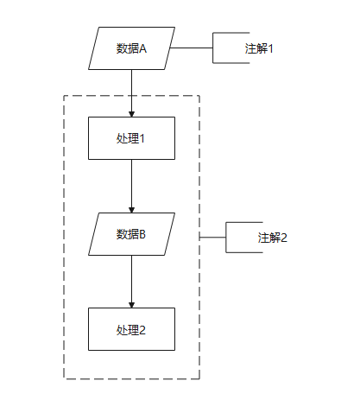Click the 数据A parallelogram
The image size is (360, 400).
(131, 48)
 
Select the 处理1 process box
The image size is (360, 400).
(131, 138)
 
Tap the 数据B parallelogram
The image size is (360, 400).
(131, 234)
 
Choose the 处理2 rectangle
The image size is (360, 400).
(131, 329)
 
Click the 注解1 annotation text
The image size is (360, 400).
(259, 48)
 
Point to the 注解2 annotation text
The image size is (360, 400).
(272, 238)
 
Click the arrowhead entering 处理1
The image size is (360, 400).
(131, 114)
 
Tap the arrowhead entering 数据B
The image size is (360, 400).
(131, 210)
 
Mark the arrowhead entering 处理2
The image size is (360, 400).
(131, 305)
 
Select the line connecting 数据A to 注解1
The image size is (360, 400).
(192, 48)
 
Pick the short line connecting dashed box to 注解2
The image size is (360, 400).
(212, 238)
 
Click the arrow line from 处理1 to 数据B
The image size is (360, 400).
(131, 186)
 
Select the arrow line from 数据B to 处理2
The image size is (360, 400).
(131, 282)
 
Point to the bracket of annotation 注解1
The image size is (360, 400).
(213, 48)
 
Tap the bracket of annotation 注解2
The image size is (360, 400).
(226, 238)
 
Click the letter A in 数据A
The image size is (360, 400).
(143, 48)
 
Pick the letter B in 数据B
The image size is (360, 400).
(142, 234)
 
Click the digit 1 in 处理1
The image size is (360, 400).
(142, 138)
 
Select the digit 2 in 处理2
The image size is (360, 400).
(142, 330)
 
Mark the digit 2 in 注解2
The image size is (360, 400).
(284, 238)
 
